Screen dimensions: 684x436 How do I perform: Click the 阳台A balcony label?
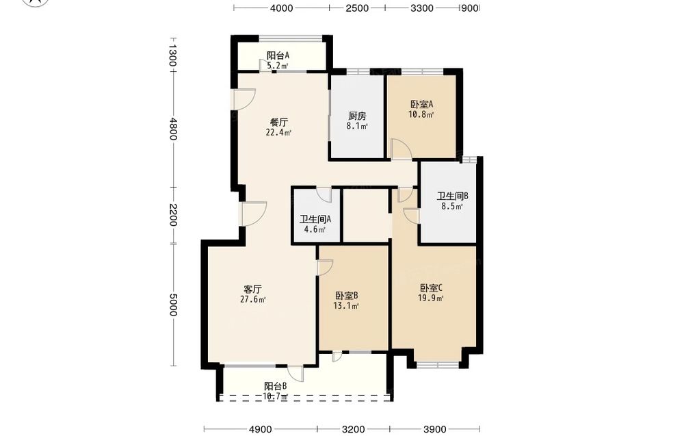(x=278, y=55)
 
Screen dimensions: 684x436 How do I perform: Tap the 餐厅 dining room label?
(x=279, y=122)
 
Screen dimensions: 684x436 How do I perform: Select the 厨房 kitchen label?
(x=357, y=116)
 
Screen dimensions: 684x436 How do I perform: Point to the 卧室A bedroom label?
(x=421, y=104)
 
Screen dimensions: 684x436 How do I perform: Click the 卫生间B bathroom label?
(x=452, y=196)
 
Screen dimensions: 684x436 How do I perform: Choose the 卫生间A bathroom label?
(x=315, y=219)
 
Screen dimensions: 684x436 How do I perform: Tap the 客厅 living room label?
(x=252, y=290)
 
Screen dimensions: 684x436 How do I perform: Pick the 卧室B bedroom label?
(x=347, y=296)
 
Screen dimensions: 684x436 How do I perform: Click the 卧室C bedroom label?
(x=432, y=288)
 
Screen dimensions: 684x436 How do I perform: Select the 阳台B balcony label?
(x=275, y=386)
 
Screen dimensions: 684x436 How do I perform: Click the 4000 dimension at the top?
(x=281, y=8)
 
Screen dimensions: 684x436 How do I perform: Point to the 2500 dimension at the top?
(x=357, y=8)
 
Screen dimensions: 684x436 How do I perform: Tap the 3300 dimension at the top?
(x=422, y=8)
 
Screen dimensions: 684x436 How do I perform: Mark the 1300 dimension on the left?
(x=173, y=55)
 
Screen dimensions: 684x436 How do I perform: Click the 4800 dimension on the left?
(x=173, y=129)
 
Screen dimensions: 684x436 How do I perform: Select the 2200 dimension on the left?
(x=173, y=215)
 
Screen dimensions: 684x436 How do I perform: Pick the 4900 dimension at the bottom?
(x=261, y=429)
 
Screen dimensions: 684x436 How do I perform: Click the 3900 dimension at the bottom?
(x=434, y=429)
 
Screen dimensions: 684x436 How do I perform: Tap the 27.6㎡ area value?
(x=253, y=299)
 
